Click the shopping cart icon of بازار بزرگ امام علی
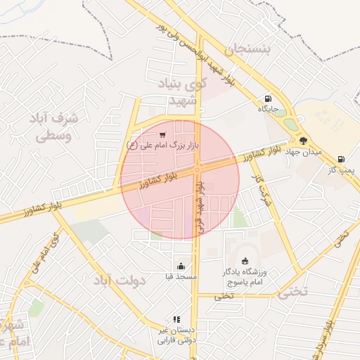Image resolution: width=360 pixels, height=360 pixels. tap(162, 134)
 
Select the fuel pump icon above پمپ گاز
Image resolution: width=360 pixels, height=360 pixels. tap(341, 160)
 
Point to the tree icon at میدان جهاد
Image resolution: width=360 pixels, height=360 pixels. tap(303, 141)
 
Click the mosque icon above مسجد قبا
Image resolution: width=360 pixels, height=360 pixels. tap(182, 266)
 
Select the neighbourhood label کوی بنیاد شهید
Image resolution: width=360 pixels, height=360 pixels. tap(179, 92)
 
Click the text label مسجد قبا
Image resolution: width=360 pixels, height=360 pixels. tap(183, 277)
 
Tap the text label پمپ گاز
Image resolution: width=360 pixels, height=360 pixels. tap(343, 170)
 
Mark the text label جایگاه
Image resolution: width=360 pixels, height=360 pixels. tap(269, 109)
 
